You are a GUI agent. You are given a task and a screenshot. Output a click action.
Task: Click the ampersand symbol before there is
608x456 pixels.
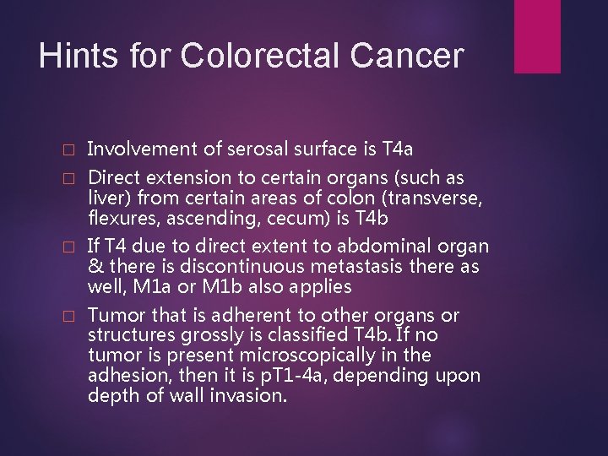(x=95, y=267)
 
